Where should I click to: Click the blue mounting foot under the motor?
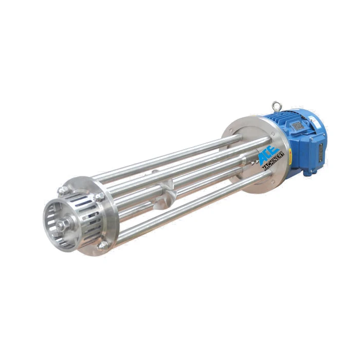click(308, 172)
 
